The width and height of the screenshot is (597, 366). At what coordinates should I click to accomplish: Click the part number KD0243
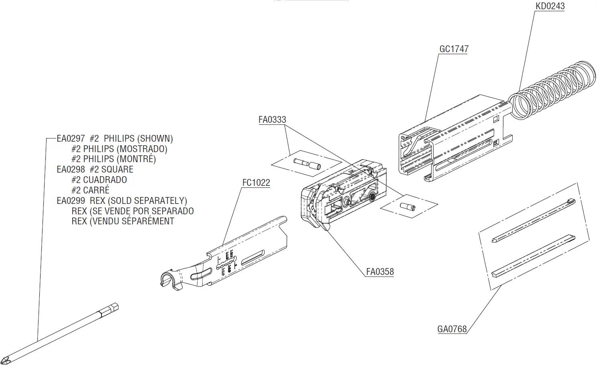pos(550,6)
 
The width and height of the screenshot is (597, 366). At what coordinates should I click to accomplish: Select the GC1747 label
pos(454,49)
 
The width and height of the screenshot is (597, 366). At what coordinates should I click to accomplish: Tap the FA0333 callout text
pos(272,120)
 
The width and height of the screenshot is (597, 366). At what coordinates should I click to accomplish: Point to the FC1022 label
pos(256,183)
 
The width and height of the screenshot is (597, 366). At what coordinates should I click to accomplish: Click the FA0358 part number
pos(380,272)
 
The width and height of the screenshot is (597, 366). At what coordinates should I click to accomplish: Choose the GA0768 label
pos(452,329)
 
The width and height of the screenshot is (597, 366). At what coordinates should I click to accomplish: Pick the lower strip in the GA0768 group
pos(532,255)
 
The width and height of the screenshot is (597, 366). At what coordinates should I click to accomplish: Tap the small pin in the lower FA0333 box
pos(407,206)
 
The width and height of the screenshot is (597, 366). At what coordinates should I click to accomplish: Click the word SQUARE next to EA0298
pos(117,170)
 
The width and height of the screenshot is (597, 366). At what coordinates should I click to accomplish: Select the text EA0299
pos(71,201)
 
